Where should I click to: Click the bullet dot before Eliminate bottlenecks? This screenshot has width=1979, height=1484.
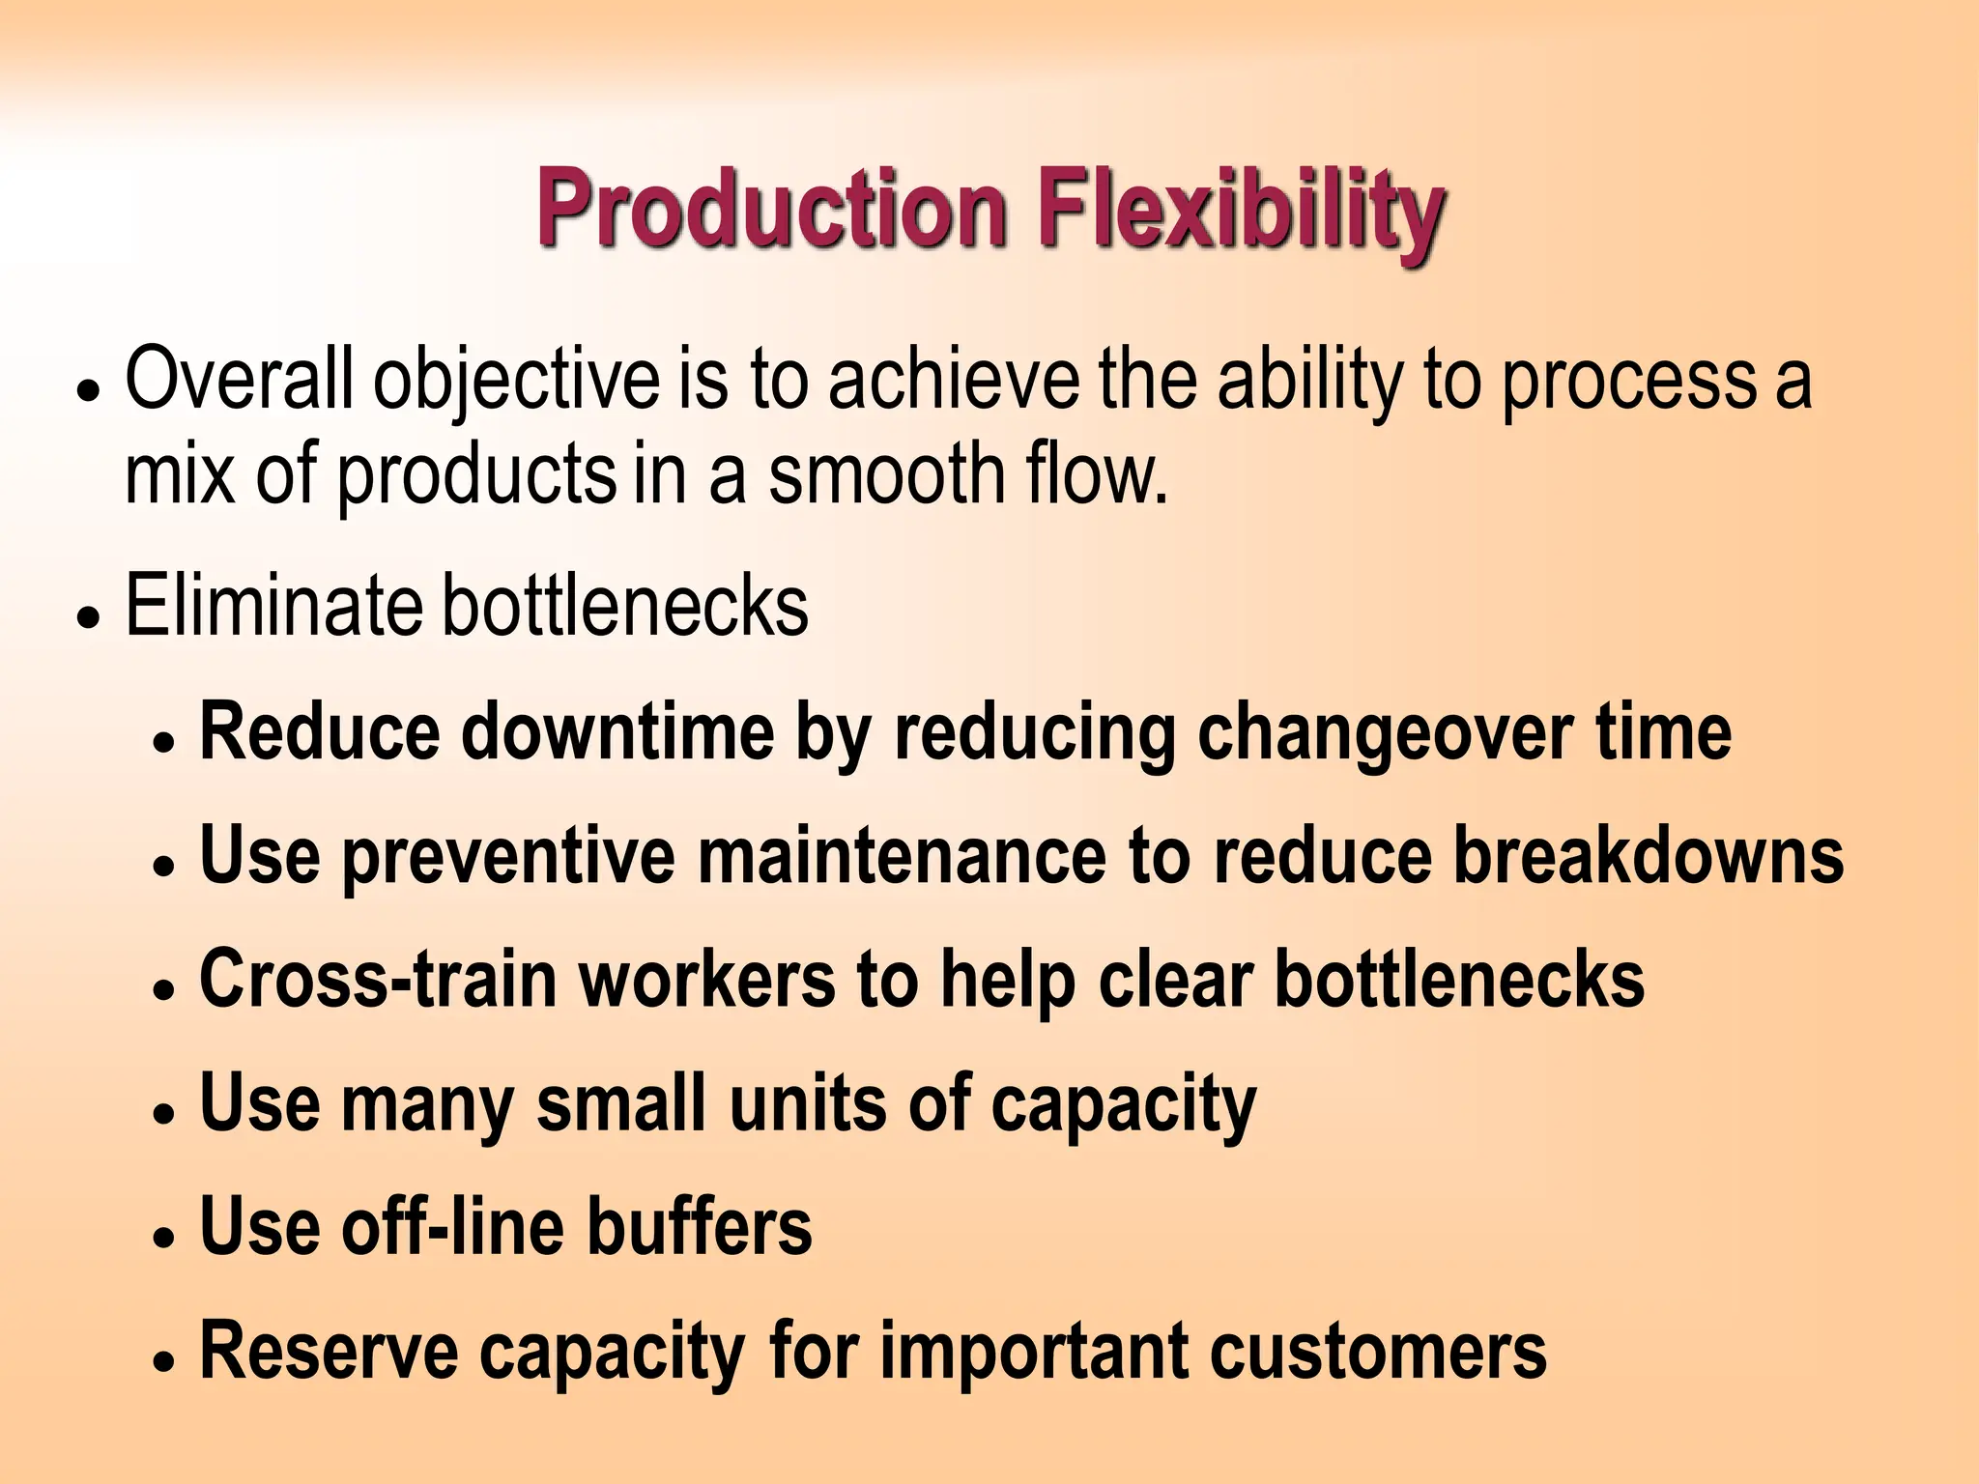(x=89, y=616)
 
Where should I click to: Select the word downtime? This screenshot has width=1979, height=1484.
(x=617, y=731)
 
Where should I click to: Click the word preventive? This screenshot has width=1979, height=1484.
(x=508, y=857)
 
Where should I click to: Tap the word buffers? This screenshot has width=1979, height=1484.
(x=700, y=1226)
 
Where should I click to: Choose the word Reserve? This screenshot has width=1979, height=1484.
(x=328, y=1350)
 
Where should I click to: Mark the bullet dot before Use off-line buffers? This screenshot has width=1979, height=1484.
(x=164, y=1237)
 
